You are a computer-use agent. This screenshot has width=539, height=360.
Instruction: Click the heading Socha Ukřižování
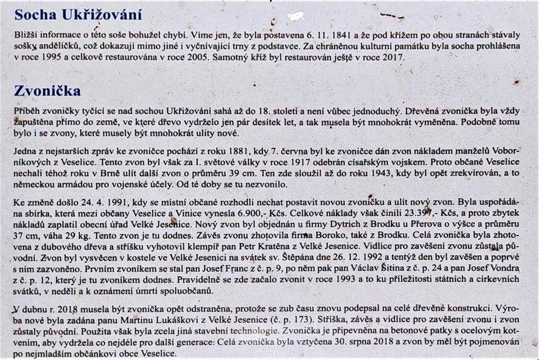(78, 15)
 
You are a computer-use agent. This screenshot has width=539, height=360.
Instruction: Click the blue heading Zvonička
(48, 90)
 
